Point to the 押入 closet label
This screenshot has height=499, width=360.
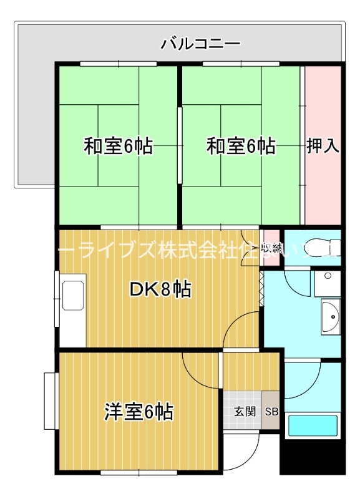point(323,147)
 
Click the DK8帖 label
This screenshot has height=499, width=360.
point(160,289)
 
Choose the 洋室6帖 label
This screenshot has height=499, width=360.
point(139,412)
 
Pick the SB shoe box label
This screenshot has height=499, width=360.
point(271,412)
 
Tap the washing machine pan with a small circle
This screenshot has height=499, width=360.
point(326,284)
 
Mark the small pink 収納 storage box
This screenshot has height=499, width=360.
point(270,246)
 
